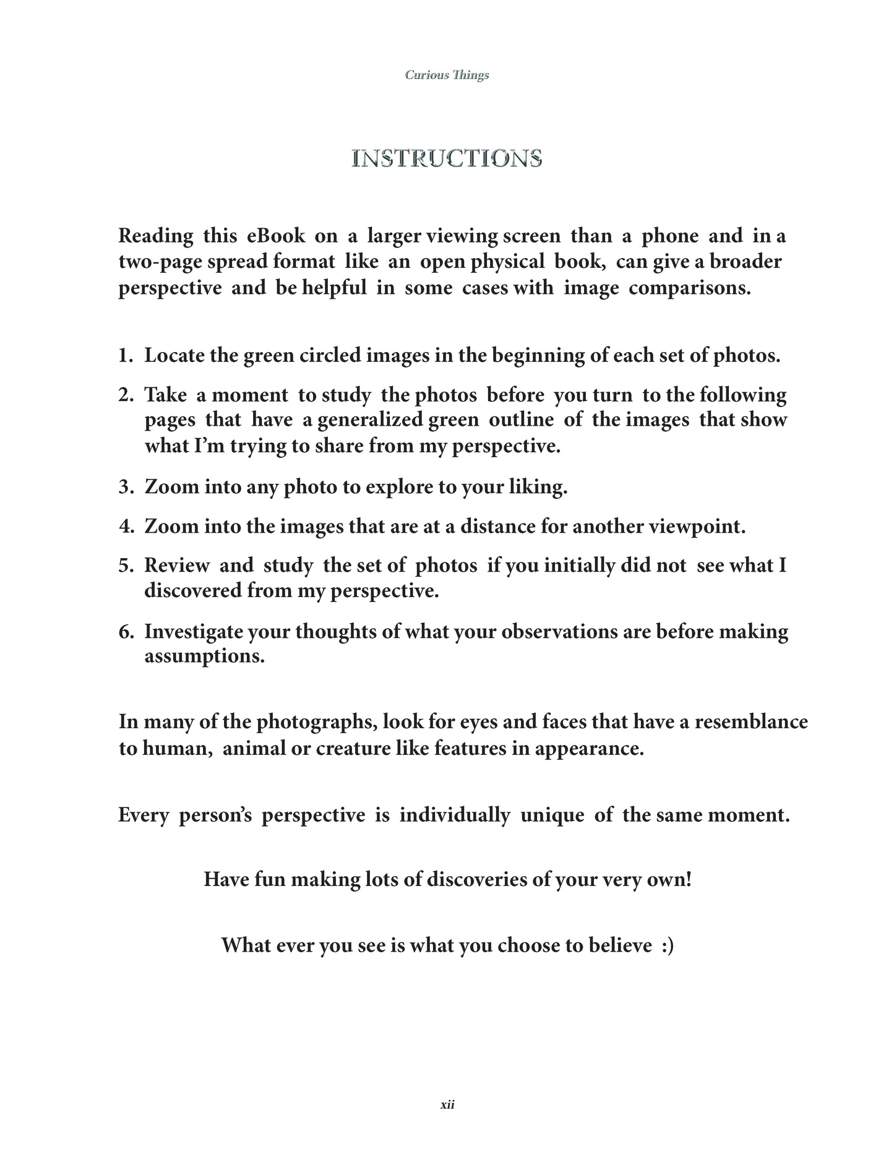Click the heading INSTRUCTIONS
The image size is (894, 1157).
pyautogui.click(x=447, y=159)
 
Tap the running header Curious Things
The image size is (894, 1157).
pyautogui.click(x=447, y=75)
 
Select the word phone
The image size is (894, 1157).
pyautogui.click(x=670, y=236)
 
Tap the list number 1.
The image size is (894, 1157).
pyautogui.click(x=125, y=356)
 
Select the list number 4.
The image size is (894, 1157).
pyautogui.click(x=125, y=527)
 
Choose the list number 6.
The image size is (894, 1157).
pyautogui.click(x=125, y=632)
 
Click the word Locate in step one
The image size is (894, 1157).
pyautogui.click(x=174, y=356)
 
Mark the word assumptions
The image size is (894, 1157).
pyautogui.click(x=204, y=656)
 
